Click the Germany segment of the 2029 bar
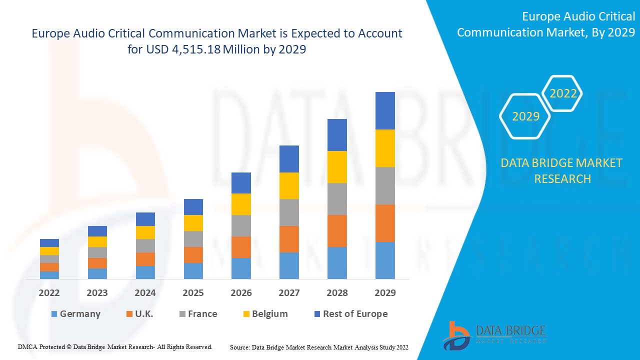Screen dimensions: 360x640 coord(385,260)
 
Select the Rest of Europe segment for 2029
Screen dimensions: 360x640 coord(385,110)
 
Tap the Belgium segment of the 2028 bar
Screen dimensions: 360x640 coord(337,166)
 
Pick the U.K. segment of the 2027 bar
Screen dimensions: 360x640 coord(289,239)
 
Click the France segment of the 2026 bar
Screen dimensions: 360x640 coord(241,225)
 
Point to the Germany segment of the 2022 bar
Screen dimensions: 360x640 coord(49,275)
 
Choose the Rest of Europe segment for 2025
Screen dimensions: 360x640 coord(193,207)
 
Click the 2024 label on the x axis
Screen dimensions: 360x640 coord(145,293)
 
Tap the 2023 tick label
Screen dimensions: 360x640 coord(97,293)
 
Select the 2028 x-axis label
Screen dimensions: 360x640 coord(337,293)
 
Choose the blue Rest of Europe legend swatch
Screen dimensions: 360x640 coord(316,314)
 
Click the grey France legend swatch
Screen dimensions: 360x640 coord(182,314)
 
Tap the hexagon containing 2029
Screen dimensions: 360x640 coord(525,116)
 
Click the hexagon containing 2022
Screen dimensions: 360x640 coord(563,93)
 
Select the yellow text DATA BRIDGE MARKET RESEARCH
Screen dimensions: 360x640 coord(562,170)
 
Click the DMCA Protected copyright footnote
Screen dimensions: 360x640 coord(115,346)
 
